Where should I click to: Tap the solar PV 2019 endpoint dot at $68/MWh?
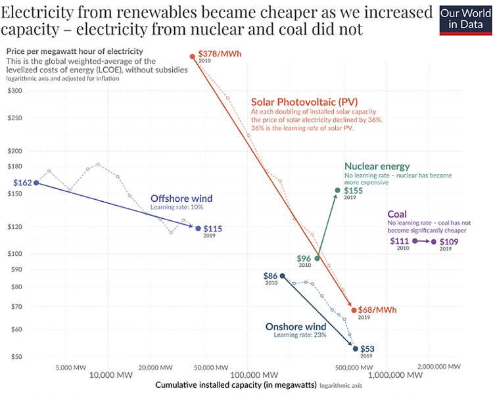click(354, 310)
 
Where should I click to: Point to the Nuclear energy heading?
click(377, 167)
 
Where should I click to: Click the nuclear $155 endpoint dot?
click(338, 191)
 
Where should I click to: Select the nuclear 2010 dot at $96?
click(317, 258)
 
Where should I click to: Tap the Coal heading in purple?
click(397, 214)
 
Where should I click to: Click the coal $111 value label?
click(400, 241)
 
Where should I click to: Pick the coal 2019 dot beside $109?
click(434, 242)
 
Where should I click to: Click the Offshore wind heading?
click(181, 198)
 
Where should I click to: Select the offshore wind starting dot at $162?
click(36, 183)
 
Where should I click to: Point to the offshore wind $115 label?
click(212, 229)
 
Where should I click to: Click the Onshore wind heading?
click(296, 327)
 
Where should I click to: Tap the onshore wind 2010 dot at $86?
click(283, 276)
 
